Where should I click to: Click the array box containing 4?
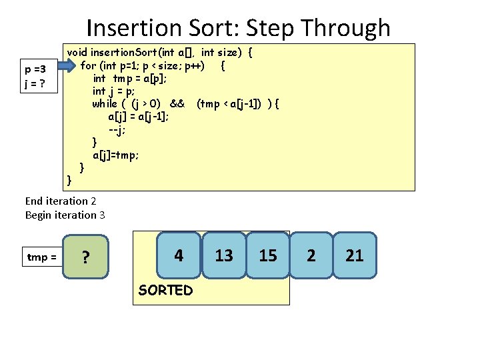click(179, 255)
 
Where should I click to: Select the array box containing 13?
click(224, 255)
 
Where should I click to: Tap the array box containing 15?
click(267, 255)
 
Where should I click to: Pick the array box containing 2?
click(311, 255)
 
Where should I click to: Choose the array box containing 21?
click(355, 255)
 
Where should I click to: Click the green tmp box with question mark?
click(85, 257)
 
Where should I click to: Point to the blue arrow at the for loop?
click(66, 65)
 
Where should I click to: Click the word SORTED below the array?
click(165, 290)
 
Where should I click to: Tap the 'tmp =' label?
click(41, 257)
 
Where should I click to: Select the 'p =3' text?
click(35, 69)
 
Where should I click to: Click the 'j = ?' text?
click(34, 83)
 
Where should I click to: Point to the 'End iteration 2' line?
click(61, 201)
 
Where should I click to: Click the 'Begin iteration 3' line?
click(65, 215)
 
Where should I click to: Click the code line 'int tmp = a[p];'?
click(130, 78)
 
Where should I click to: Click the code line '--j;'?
click(117, 129)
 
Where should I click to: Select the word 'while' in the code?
click(105, 103)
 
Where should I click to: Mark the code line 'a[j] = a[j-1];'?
click(138, 116)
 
